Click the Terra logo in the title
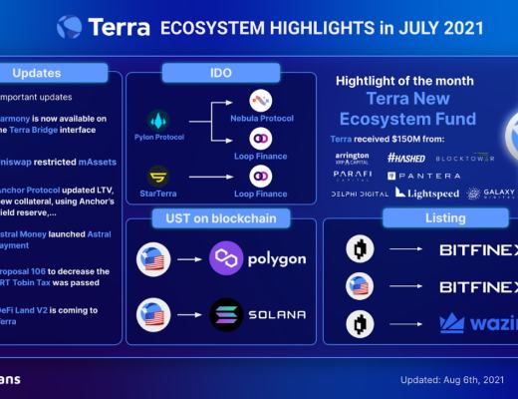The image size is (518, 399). tap(69, 27)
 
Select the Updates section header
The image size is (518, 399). tap(38, 72)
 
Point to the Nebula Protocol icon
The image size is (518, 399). tap(261, 101)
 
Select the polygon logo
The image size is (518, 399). tap(255, 258)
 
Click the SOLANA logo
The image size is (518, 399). tap(255, 315)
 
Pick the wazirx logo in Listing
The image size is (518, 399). tap(476, 323)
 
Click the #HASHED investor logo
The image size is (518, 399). tap(405, 158)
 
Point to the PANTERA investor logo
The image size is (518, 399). tap(417, 175)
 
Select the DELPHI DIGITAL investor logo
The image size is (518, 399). tap(361, 193)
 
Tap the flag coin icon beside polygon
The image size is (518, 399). tap(152, 258)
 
